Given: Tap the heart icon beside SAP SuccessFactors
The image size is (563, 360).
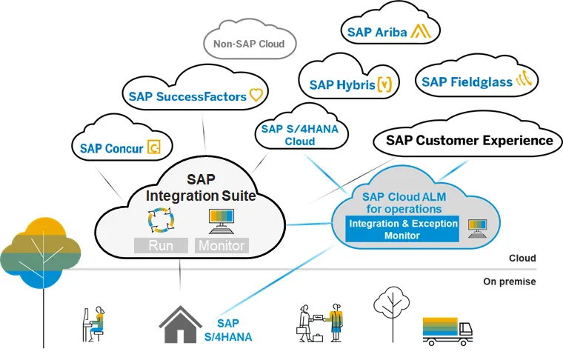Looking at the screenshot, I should pos(256,96).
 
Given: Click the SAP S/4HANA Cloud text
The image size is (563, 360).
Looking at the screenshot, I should pos(289,136).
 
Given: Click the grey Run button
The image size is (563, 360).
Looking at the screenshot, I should pos(161,245).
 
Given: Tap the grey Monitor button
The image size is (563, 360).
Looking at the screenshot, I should pos(221,245).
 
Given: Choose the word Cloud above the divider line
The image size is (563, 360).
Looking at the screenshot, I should pos(522,259).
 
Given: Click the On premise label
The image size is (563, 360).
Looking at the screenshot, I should pos(509,281).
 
